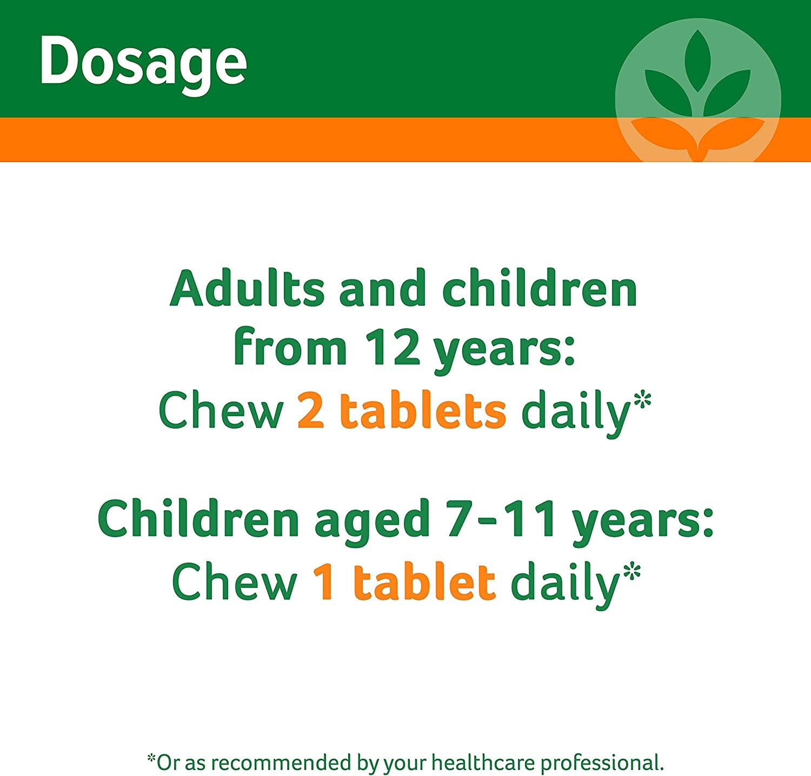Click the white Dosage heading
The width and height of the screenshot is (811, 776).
point(143,62)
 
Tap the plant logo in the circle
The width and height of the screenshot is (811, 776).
point(697,92)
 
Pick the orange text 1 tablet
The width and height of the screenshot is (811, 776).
point(404,583)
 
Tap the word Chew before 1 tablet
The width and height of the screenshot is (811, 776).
point(234,583)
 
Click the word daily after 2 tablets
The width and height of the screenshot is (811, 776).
point(575,412)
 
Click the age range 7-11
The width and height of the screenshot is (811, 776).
point(501,519)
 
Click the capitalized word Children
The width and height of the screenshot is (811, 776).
point(198,519)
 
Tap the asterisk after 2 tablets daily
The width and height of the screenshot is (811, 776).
point(642,402)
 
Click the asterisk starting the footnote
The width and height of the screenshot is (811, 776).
point(151,758)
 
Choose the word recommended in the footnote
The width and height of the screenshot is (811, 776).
point(282,763)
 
